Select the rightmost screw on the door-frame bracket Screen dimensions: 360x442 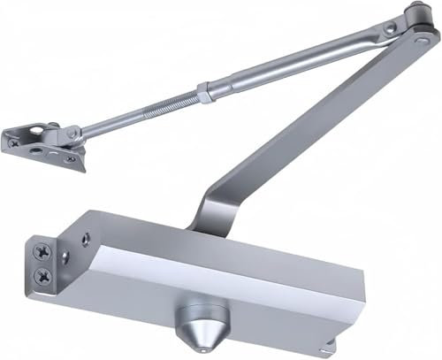70,159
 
